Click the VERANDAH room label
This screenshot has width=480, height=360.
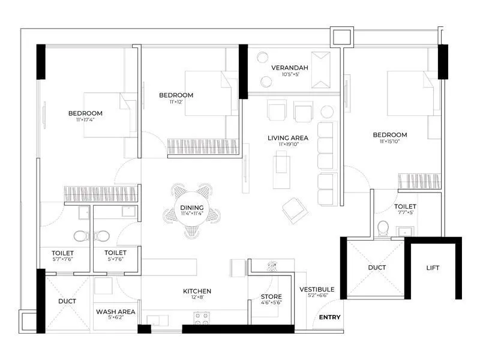(x=289, y=67)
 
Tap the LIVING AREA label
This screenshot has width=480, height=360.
(x=288, y=138)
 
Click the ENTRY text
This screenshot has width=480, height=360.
(x=329, y=317)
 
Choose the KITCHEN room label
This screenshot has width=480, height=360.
(x=197, y=292)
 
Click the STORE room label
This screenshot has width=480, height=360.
(x=271, y=296)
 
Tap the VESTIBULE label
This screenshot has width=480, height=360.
(x=316, y=289)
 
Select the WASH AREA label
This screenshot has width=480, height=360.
(x=115, y=312)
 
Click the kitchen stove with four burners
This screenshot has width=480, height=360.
(x=200, y=317)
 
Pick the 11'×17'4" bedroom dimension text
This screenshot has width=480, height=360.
(x=85, y=120)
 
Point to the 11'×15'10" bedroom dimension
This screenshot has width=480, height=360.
(x=389, y=142)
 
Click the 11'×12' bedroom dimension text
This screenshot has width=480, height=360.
(x=176, y=102)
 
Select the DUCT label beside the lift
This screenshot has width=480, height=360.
(x=376, y=267)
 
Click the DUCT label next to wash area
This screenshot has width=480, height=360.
(x=67, y=301)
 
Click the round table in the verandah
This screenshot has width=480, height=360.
(x=262, y=57)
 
